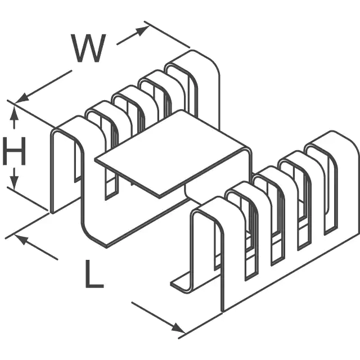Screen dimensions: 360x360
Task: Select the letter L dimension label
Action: pos(93,274)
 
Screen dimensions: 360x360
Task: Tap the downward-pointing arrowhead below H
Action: pos(15,183)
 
